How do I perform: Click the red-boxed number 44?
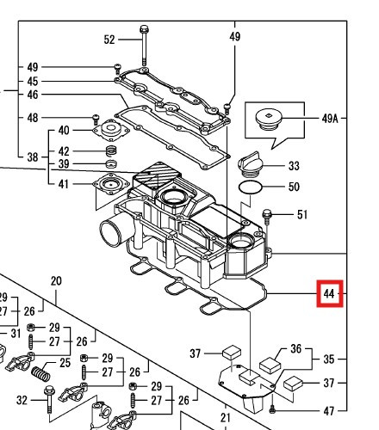329,294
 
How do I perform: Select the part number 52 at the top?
109,40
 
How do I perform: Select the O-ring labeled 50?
250,187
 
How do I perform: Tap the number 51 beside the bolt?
301,215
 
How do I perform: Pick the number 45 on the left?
33,81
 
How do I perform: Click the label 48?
33,118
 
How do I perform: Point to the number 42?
64,150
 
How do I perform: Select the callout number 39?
64,164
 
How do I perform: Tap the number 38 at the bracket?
33,157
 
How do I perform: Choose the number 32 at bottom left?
22,399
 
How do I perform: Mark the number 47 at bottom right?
329,412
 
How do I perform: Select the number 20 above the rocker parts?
57,281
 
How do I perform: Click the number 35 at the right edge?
329,358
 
